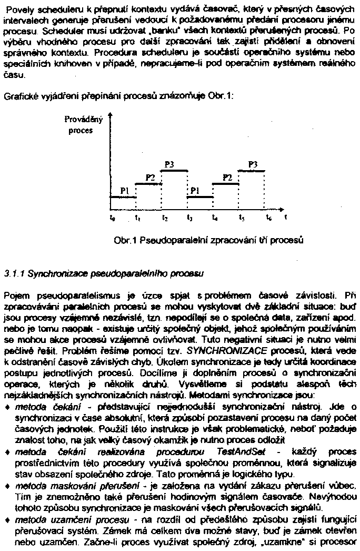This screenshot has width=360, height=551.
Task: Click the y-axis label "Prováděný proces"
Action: [x=79, y=125]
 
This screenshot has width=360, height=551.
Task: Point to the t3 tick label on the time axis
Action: [x=189, y=217]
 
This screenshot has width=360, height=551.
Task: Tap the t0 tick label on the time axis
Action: [x=111, y=217]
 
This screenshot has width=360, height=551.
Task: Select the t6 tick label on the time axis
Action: [x=268, y=217]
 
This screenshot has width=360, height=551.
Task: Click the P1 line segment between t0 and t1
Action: [x=123, y=197]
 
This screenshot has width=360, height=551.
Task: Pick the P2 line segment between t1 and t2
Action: [x=149, y=184]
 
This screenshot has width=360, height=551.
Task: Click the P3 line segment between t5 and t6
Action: [x=254, y=170]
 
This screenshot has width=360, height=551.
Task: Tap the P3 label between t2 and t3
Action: [x=169, y=164]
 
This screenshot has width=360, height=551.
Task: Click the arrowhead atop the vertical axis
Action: [x=111, y=113]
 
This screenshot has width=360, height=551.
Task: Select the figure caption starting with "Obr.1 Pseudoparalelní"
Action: [x=209, y=240]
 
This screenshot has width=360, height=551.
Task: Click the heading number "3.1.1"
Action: [x=14, y=273]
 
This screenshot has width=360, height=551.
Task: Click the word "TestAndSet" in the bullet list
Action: [x=237, y=452]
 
